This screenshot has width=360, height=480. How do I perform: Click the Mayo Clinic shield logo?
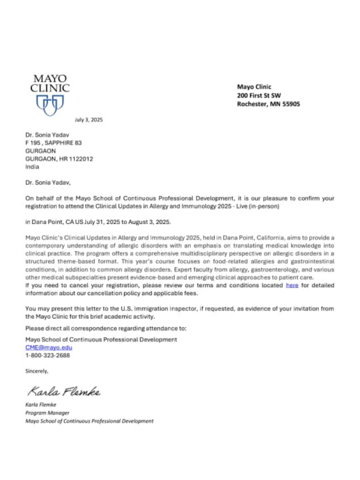point(50,105)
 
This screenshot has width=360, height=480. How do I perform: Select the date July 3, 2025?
point(88,120)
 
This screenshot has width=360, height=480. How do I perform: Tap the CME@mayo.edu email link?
point(49,347)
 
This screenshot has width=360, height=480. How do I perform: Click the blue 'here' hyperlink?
point(292,285)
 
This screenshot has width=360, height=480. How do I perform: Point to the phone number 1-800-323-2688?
point(48,355)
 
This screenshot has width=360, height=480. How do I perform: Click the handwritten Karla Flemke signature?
point(64,391)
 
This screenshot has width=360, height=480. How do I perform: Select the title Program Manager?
point(47,413)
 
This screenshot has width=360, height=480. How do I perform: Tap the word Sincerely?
point(36,371)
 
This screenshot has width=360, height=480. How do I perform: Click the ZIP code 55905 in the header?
point(292,104)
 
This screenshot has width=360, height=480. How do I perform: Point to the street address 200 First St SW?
point(259,95)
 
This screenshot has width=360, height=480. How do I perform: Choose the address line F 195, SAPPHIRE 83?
point(53,143)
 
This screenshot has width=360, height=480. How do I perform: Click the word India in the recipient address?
point(32,167)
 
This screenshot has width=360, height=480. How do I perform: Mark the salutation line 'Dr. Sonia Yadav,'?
point(48,183)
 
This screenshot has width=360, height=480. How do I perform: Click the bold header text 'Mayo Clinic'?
point(254,87)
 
